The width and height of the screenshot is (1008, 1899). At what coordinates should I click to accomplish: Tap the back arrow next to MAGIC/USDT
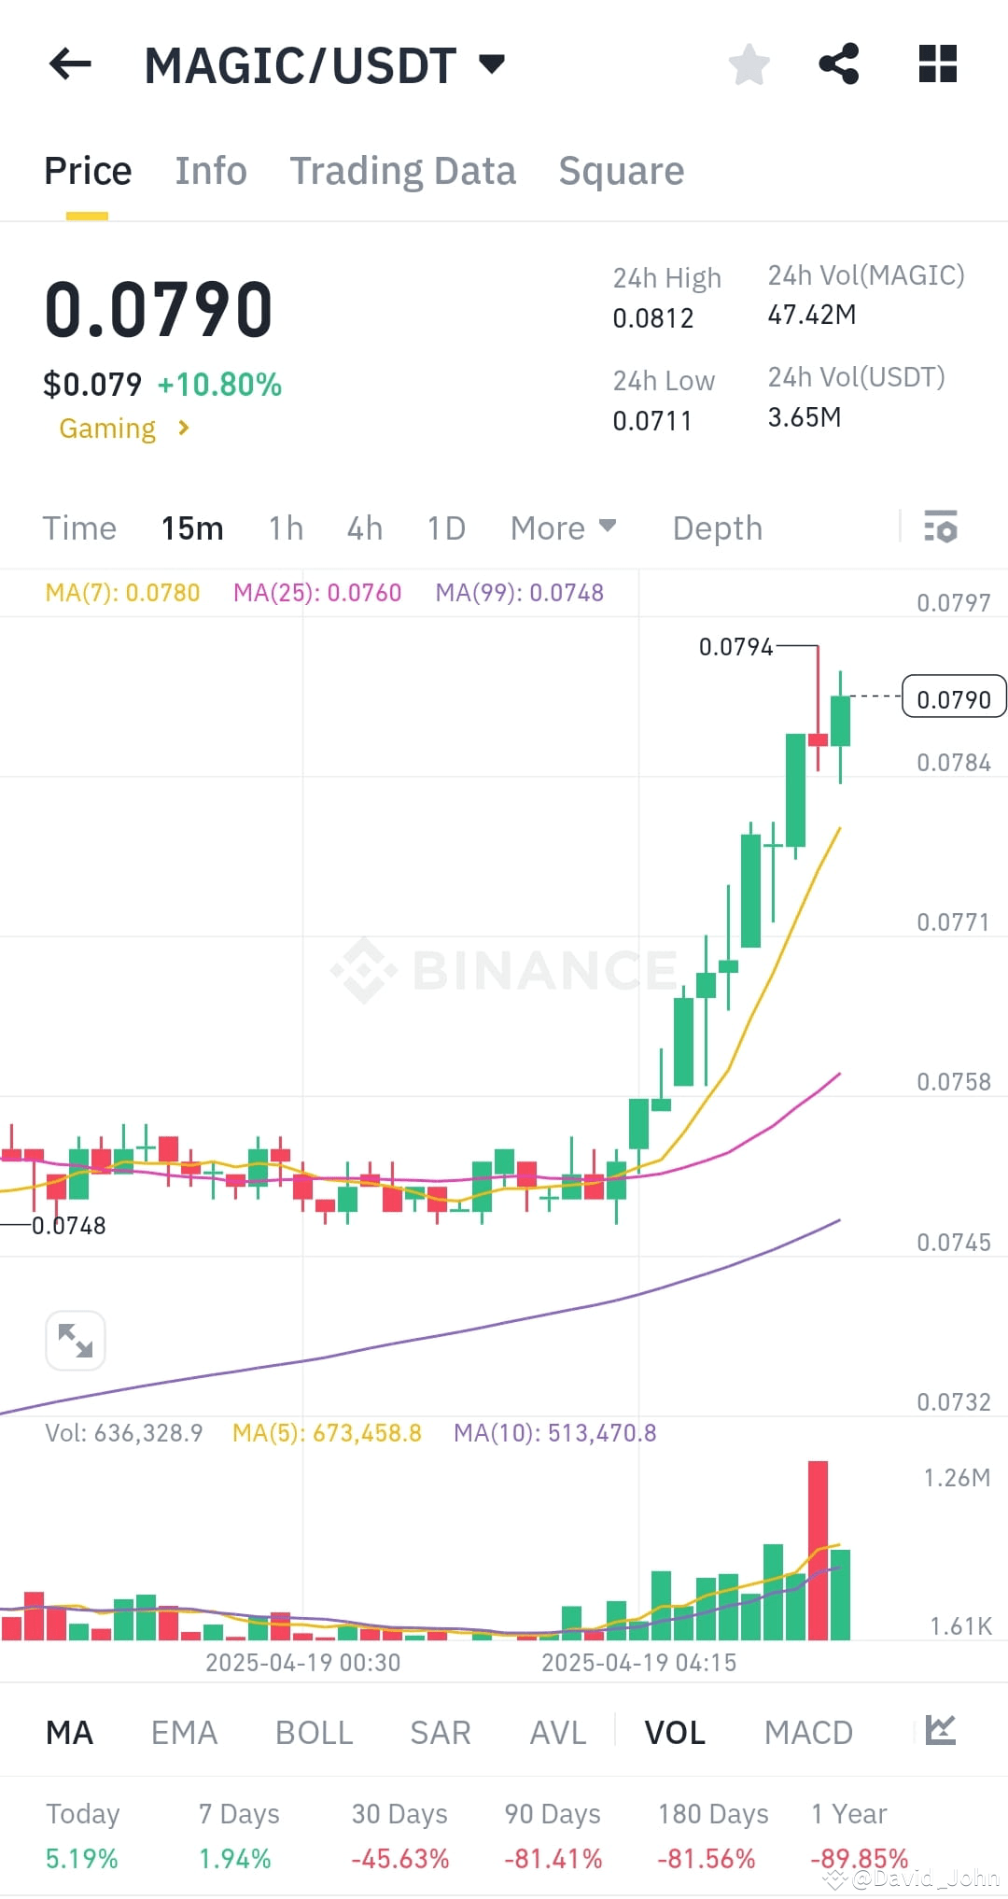(70, 64)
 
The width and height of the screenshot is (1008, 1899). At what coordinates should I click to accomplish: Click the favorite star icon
(749, 64)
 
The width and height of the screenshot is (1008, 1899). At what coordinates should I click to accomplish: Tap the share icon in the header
(838, 64)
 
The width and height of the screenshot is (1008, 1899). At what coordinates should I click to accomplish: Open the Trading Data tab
(402, 171)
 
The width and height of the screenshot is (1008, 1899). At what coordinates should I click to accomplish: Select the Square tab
(621, 171)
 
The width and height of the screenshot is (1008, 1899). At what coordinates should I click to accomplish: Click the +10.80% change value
(219, 385)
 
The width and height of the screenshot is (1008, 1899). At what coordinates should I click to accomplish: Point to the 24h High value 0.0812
(652, 318)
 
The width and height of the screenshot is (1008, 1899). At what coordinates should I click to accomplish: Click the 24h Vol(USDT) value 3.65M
(804, 417)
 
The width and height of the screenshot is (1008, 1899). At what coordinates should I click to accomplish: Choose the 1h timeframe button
(286, 528)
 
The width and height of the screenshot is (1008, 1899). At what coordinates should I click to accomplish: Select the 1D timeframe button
(446, 528)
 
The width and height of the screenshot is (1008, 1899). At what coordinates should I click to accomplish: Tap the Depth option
(717, 528)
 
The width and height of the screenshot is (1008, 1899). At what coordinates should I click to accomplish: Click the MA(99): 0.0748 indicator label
(519, 593)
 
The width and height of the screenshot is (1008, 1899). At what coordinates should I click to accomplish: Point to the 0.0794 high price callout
(735, 647)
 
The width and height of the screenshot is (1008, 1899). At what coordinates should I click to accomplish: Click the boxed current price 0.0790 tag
(953, 698)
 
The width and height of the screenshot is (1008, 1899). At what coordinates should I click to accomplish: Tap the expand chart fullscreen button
(75, 1341)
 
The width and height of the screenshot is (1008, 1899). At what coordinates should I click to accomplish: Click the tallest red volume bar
(818, 1550)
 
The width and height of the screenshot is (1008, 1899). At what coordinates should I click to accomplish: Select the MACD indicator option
(808, 1733)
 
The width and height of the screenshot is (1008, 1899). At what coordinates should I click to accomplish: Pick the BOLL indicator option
(314, 1733)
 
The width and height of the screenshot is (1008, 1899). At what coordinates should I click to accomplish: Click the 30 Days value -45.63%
(399, 1859)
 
